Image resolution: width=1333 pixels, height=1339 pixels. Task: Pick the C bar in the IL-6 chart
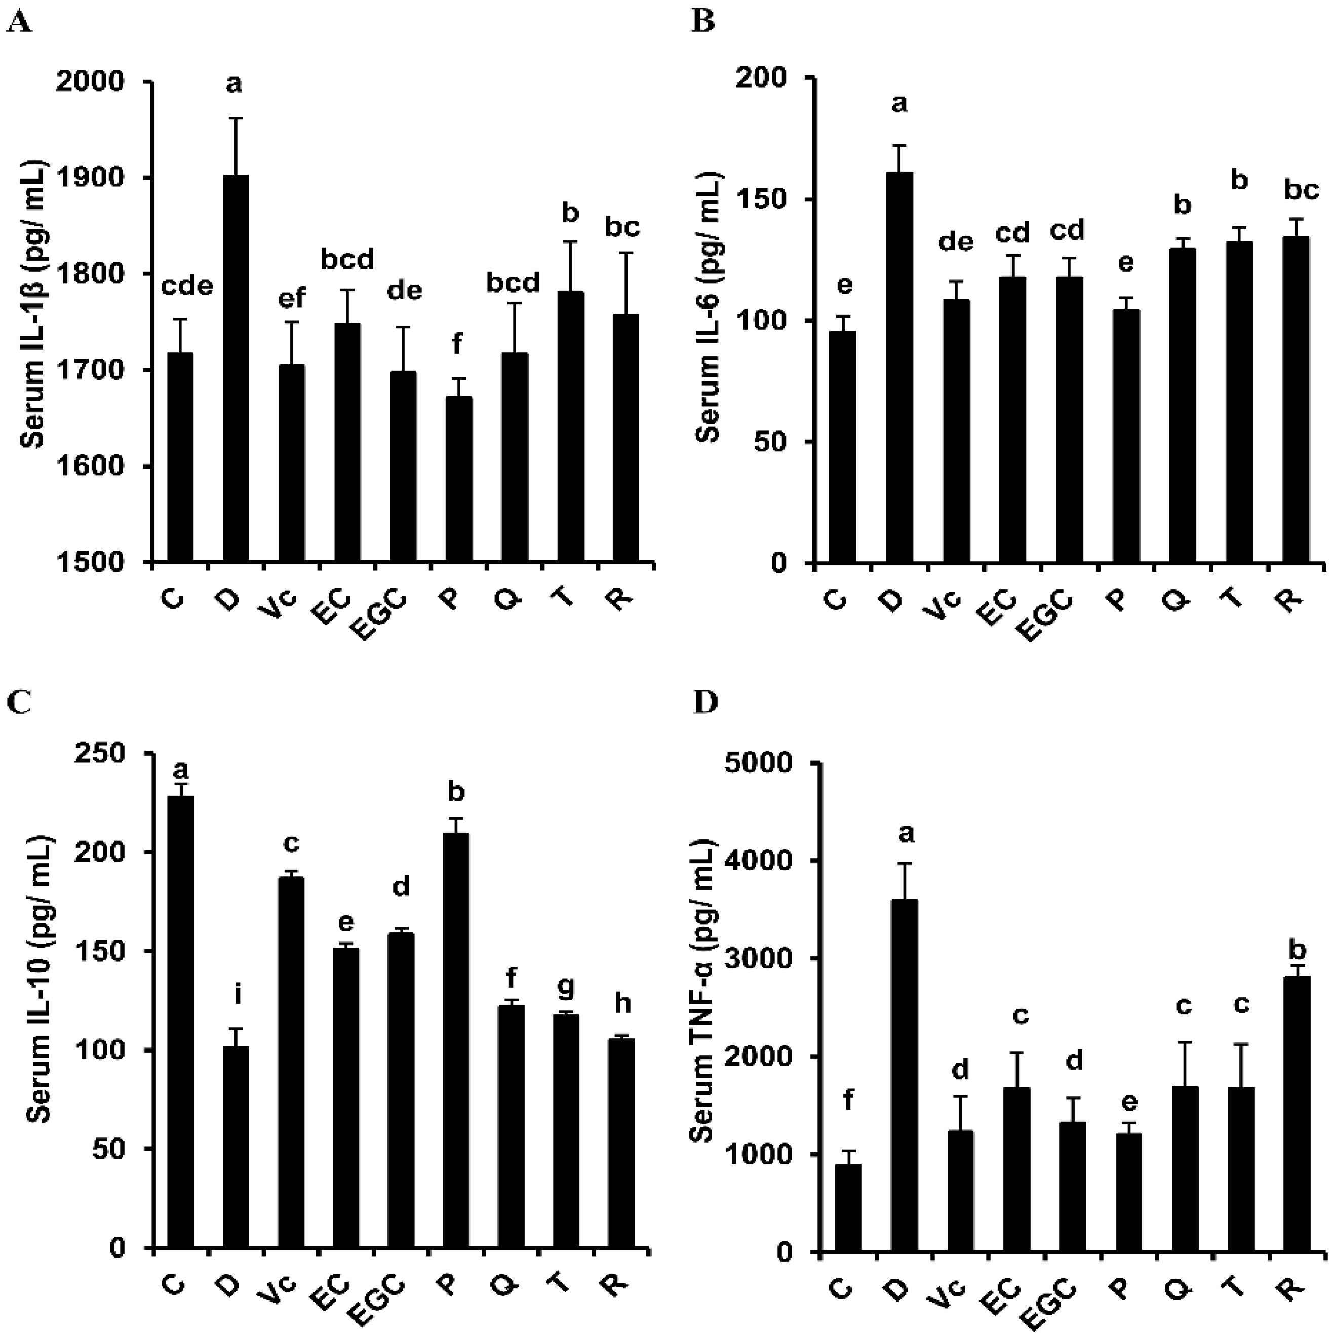(x=842, y=447)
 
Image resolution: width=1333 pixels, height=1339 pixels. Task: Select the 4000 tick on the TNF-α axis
(x=762, y=861)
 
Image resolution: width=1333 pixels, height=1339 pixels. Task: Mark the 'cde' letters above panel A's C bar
(x=187, y=286)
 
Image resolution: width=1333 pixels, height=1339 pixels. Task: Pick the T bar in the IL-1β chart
(x=570, y=426)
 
